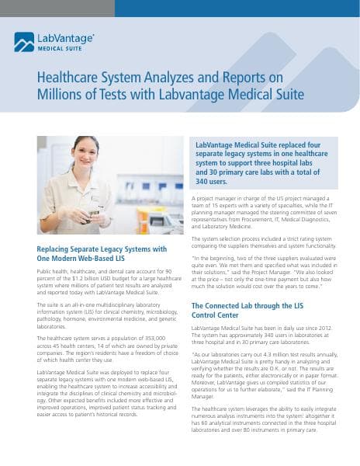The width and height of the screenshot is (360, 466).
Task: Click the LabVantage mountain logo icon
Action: pos(24,41)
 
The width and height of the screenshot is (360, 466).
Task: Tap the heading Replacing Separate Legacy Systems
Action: pos(101,249)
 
